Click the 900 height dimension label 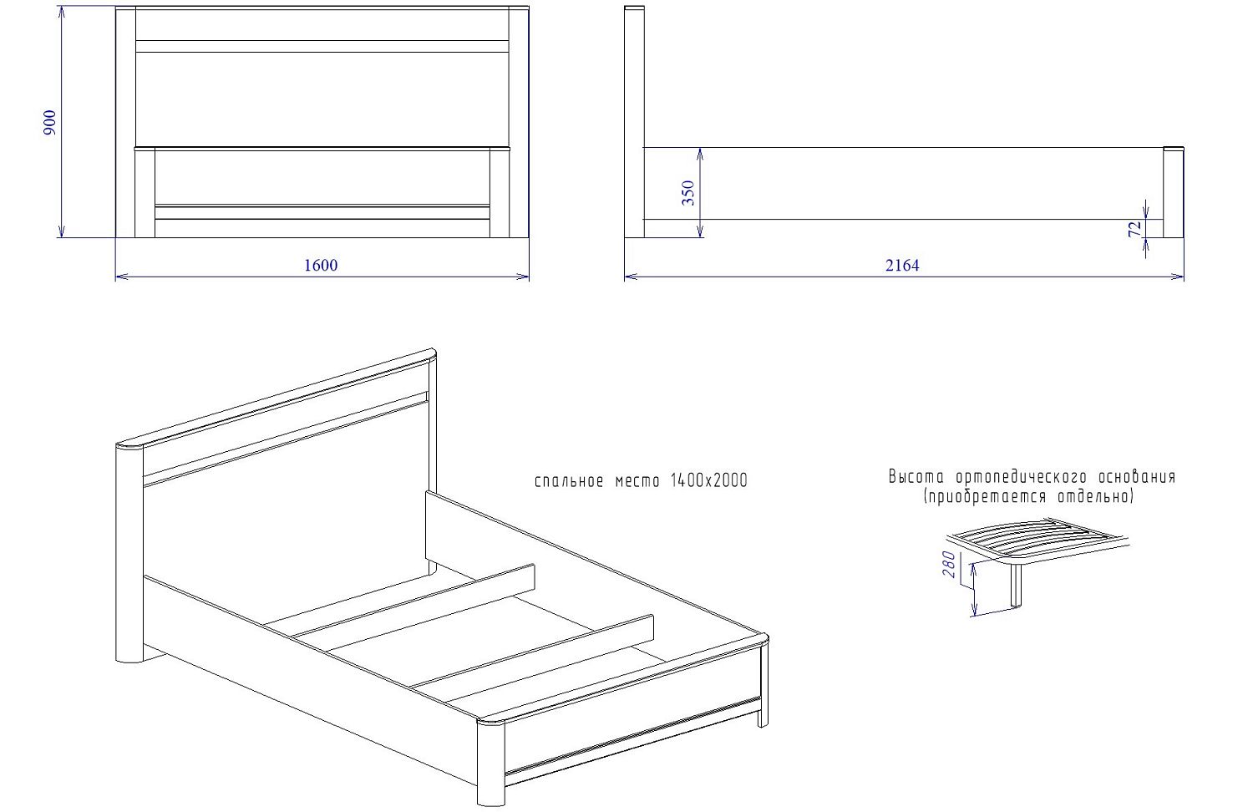50,123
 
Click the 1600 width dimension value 321,265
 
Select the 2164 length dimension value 901,265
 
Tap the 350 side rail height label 688,193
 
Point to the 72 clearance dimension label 1134,229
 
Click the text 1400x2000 708,481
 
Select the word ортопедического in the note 1022,477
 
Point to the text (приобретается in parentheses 986,496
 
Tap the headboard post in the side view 634,122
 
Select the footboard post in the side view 1174,192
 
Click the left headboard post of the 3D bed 129,554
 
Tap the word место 637,481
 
